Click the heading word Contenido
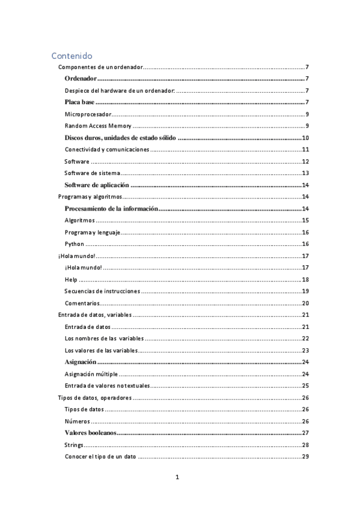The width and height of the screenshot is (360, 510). click(72, 55)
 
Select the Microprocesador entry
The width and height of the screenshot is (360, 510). click(87, 114)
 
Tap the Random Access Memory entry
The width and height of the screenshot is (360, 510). click(97, 126)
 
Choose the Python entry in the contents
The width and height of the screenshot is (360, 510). click(74, 244)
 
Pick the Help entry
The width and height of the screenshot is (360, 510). click(71, 280)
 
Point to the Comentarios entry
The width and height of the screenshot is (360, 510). click(82, 303)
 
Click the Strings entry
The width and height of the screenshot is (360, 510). click(74, 445)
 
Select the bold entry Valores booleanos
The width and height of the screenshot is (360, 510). click(90, 433)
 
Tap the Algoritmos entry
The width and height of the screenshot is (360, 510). click(79, 221)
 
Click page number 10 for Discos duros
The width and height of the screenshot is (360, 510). click(305, 138)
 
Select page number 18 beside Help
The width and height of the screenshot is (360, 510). click(305, 280)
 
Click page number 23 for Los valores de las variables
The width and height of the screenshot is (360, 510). click(305, 351)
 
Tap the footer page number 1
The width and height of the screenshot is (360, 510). click(177, 478)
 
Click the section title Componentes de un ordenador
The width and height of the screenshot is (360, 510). click(100, 67)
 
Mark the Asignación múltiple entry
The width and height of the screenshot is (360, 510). click(91, 374)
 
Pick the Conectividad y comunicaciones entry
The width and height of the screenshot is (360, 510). click(106, 150)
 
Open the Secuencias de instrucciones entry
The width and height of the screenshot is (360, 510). click(102, 292)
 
